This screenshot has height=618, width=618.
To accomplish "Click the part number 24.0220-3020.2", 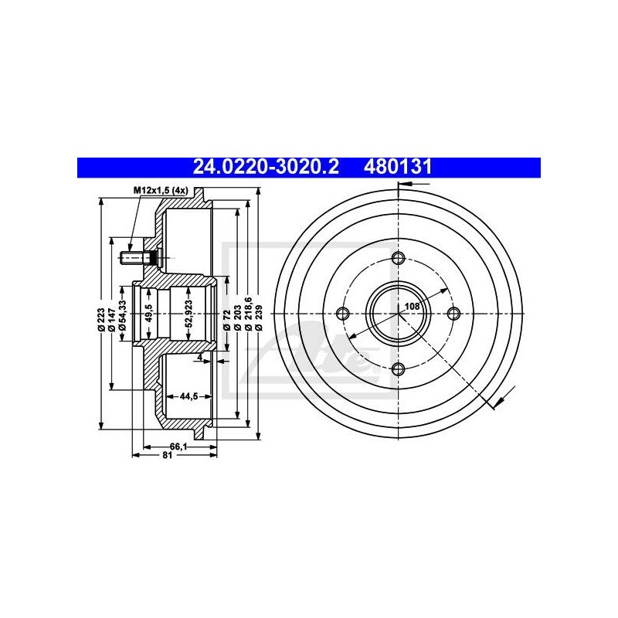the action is point(265,167).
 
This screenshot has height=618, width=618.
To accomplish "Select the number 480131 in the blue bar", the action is point(398,167).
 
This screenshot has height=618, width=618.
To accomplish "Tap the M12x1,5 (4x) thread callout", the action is point(161,191).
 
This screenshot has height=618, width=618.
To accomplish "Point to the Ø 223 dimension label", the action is point(101,319).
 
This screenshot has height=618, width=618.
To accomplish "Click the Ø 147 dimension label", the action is point(112,319).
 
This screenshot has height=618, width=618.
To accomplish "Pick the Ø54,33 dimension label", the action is point(122,315).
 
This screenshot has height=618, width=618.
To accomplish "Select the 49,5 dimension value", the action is point(148,314).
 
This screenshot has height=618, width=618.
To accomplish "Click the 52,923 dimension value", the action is point(188,314).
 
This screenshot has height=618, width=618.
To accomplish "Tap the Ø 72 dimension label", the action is point(226,320).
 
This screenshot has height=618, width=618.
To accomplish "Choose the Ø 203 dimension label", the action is point(237,317).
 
